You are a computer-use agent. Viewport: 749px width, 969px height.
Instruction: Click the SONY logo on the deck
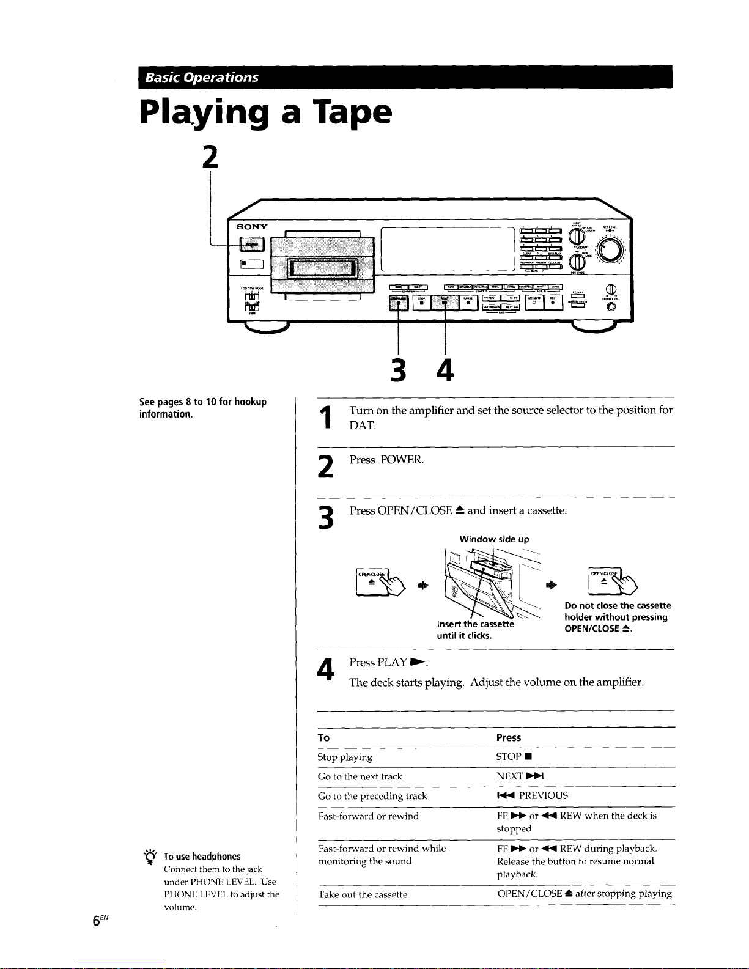tap(252, 227)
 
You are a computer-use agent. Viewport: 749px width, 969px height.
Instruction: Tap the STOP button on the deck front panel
tap(421, 301)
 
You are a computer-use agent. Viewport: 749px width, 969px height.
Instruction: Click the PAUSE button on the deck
tap(468, 301)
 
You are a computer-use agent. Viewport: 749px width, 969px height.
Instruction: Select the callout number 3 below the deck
tap(398, 370)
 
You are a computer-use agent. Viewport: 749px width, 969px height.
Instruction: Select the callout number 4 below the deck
tap(445, 370)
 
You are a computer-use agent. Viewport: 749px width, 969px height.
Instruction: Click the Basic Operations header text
tap(202, 78)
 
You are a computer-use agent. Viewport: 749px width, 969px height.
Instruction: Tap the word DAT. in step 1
tap(363, 426)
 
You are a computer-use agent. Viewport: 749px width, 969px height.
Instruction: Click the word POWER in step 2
tap(401, 460)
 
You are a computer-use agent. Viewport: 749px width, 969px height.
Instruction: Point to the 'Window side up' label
tap(494, 539)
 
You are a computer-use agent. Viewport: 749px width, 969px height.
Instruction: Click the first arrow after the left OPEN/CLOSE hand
tap(422, 585)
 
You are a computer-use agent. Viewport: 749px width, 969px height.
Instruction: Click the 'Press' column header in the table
tap(509, 738)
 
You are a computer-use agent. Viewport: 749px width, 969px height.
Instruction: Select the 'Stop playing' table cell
tap(345, 757)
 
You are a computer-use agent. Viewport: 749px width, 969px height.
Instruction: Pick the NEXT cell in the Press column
tap(520, 776)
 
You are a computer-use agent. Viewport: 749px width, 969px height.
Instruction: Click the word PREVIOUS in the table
tap(543, 796)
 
